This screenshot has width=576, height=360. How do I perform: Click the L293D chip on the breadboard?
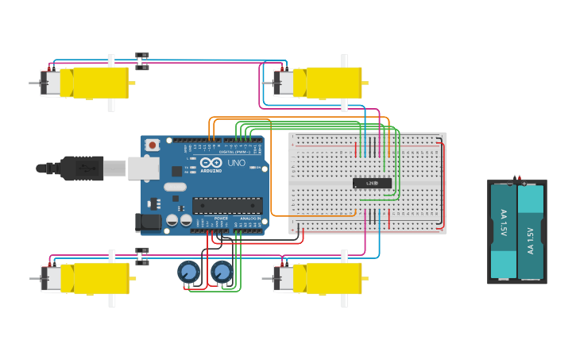pyautogui.click(x=372, y=183)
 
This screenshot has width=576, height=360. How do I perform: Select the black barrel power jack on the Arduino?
pyautogui.click(x=149, y=223)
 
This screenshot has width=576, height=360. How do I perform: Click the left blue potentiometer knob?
pyautogui.click(x=188, y=273)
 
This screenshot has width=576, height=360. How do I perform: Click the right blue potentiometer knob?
pyautogui.click(x=222, y=273)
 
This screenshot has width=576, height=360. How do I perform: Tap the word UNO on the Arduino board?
pyautogui.click(x=237, y=163)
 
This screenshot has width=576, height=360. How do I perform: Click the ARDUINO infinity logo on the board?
pyautogui.click(x=211, y=164)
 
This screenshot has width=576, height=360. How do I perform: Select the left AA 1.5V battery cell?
pyautogui.click(x=504, y=230)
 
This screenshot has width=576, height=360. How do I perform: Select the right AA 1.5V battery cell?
pyautogui.click(x=531, y=230)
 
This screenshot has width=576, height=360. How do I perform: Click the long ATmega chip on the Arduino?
pyautogui.click(x=227, y=205)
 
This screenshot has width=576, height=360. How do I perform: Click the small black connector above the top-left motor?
pyautogui.click(x=142, y=60)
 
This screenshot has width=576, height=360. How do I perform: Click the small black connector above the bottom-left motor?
pyautogui.click(x=142, y=255)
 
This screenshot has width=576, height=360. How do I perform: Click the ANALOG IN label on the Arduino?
pyautogui.click(x=250, y=218)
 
